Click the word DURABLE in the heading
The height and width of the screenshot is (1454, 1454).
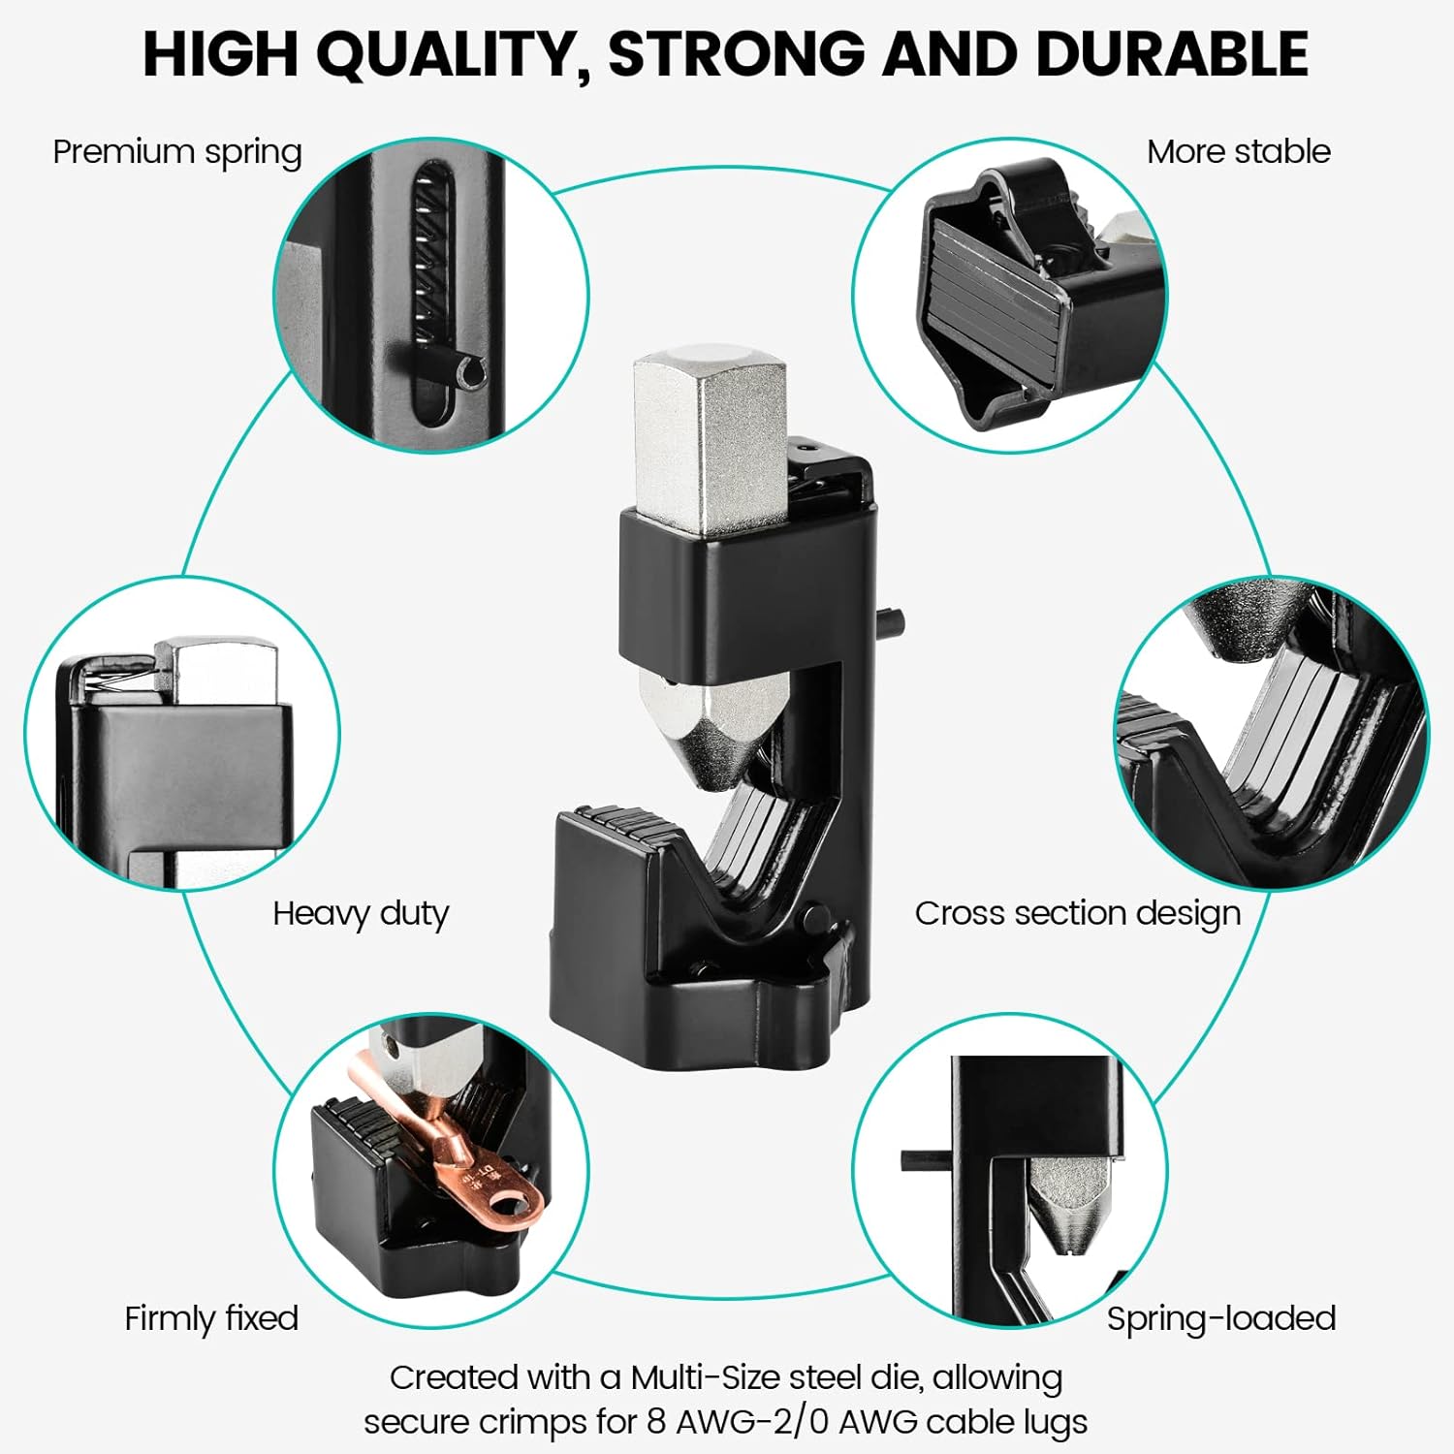tap(1173, 53)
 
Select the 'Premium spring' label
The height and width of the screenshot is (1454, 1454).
tap(177, 153)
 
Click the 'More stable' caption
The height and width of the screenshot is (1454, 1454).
tap(1239, 151)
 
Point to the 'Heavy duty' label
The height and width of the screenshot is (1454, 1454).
tap(361, 914)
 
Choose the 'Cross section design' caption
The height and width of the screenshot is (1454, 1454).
tap(1078, 914)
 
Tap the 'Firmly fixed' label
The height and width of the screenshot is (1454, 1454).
tap(211, 1318)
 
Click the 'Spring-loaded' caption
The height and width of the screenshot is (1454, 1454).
tap(1221, 1319)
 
